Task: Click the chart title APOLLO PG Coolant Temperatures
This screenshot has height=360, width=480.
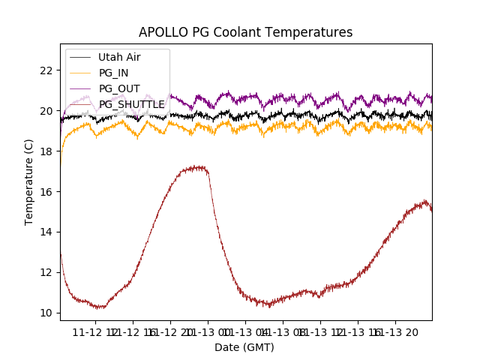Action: point(245,32)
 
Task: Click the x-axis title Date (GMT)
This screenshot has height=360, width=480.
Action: point(244,347)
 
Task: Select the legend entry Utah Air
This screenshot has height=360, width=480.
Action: point(119,57)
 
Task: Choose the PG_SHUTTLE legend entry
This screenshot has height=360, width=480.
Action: point(132,104)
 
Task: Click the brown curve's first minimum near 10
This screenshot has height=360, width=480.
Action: point(100,307)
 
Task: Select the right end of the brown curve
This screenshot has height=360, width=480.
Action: point(431,210)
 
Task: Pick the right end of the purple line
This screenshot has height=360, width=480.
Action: point(431,97)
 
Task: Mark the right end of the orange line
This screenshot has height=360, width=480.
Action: point(431,128)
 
